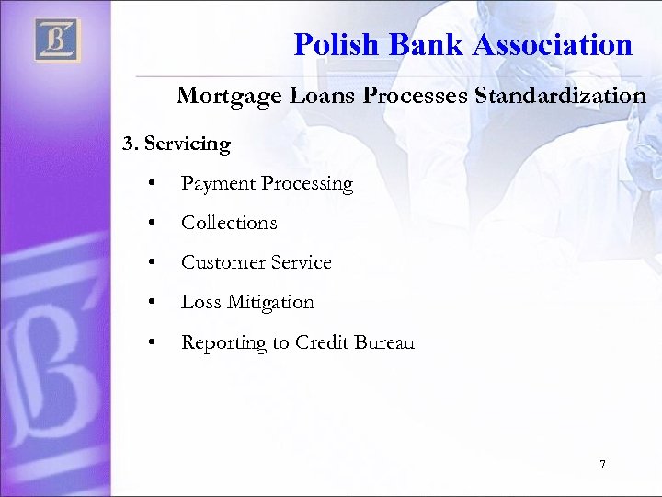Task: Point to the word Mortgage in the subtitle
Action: point(222,96)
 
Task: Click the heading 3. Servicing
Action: point(177,144)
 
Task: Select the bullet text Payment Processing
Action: point(267,184)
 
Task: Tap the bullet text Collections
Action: point(229,223)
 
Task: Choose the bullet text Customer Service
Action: point(256,262)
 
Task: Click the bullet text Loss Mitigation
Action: point(247,302)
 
